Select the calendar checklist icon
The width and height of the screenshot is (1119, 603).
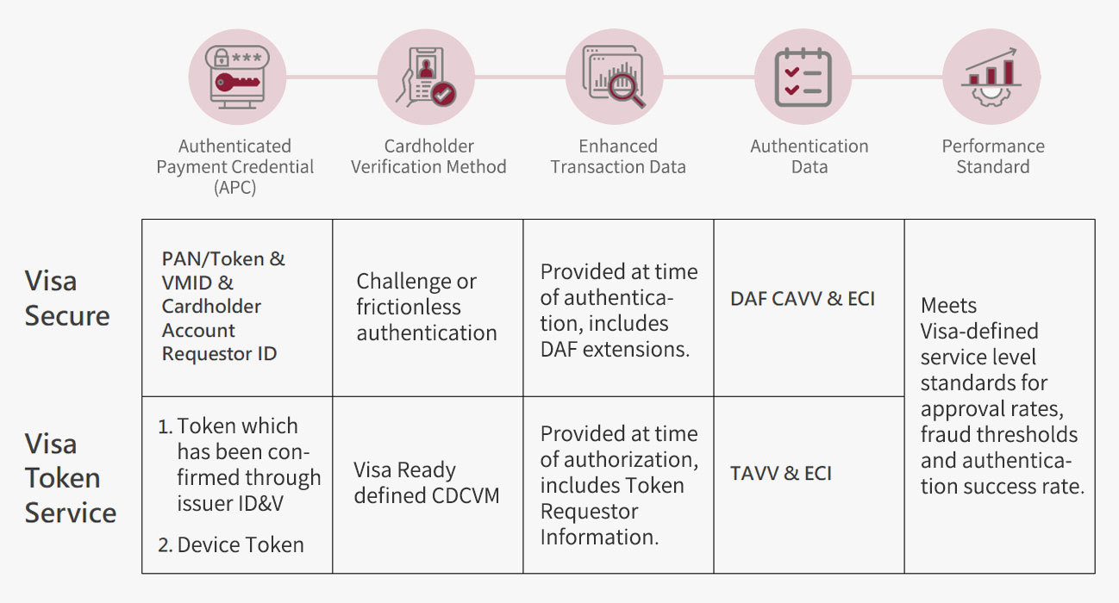(803, 78)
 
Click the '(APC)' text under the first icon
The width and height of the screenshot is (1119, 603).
(234, 188)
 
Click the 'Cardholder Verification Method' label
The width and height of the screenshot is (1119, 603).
(428, 156)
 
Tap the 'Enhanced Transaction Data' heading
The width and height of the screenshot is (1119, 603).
(618, 156)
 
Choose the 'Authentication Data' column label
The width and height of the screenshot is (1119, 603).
(810, 156)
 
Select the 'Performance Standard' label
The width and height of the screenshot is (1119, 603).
(993, 156)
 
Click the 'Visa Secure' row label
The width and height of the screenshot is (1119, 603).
(67, 298)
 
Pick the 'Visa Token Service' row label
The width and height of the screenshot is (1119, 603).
(71, 478)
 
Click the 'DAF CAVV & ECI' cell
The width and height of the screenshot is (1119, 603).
(803, 299)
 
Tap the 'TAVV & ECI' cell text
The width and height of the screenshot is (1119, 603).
(781, 473)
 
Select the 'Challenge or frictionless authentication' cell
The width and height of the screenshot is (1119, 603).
(427, 307)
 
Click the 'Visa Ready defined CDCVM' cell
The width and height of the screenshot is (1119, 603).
(426, 482)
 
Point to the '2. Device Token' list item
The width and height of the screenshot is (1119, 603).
(231, 544)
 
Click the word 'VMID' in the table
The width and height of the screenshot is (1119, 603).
(186, 283)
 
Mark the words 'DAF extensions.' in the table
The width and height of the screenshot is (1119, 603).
(615, 350)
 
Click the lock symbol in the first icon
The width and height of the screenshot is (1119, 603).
(221, 58)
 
